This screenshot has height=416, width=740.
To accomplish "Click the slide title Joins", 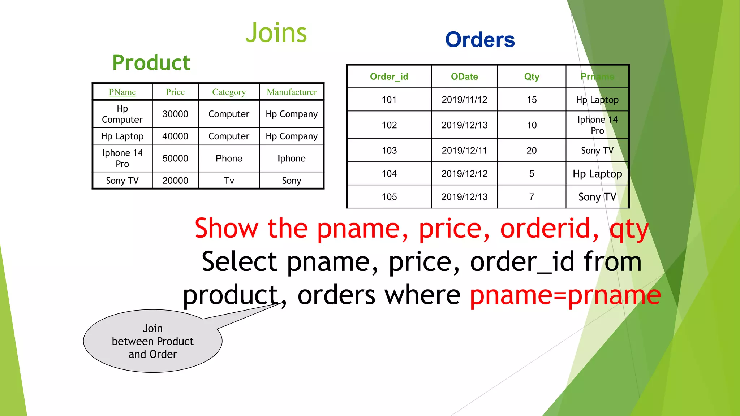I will tap(276, 33).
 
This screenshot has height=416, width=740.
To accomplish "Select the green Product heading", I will tap(151, 62).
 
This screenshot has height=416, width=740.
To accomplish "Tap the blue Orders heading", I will tap(480, 40).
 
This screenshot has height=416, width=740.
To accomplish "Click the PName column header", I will tap(122, 92).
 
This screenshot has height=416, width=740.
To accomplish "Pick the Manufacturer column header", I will tap(292, 92).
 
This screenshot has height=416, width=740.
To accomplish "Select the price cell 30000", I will tap(175, 114).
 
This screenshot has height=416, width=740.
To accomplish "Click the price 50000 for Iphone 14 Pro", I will tap(175, 158).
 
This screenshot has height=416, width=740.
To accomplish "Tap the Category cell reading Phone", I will tap(229, 158).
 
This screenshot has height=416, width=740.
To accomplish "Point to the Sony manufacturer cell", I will tap(291, 181).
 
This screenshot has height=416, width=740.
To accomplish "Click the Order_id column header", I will tap(389, 77).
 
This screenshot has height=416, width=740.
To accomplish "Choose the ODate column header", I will tap(464, 77).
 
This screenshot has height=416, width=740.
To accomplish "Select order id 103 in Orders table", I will tap(389, 151).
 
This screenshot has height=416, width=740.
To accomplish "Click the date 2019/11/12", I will tap(464, 100).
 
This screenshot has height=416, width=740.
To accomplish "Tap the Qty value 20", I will tap(532, 151).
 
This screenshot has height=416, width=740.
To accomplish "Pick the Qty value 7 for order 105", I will tap(532, 197).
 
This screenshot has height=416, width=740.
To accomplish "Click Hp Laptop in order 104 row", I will tap(597, 174).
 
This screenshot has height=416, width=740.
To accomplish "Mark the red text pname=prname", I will tap(565, 295).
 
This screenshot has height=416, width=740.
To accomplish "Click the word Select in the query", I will tap(239, 262).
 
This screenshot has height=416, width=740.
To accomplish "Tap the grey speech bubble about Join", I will tap(152, 341).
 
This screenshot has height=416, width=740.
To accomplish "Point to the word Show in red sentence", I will tap(227, 229).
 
